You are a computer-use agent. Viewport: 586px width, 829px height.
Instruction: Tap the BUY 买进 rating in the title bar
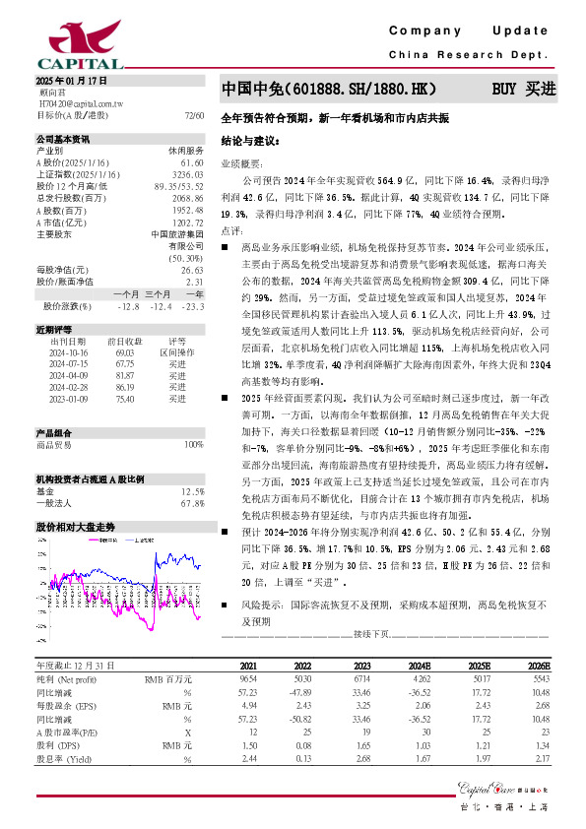click(x=524, y=89)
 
